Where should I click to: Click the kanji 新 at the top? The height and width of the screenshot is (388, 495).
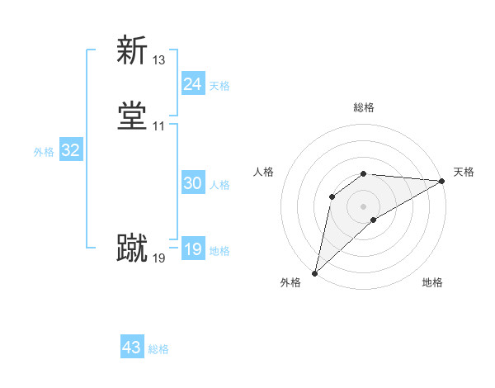coord(133,50)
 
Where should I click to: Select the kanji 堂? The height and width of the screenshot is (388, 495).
coord(133,116)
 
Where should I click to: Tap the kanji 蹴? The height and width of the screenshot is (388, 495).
coord(133,248)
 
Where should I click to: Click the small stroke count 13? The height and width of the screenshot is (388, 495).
coord(158,60)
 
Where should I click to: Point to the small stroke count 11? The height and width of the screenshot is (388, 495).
coord(158,126)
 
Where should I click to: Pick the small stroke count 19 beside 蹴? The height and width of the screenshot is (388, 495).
coord(158,258)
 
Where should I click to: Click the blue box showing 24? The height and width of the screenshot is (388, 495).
coord(192,84)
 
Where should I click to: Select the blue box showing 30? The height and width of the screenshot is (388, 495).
coord(192,183)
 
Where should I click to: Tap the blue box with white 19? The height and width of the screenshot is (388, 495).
coord(192,249)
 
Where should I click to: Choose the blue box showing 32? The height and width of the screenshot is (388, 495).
coord(70,150)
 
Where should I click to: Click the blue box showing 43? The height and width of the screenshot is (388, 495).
coord(132,348)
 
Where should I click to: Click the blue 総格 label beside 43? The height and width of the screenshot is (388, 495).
coord(158,349)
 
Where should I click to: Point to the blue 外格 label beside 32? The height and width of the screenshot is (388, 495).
coord(44,152)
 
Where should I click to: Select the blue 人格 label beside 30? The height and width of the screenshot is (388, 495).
coord(219,185)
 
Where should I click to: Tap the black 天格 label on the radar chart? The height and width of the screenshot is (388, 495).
coord(464,172)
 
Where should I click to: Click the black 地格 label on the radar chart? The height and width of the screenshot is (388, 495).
coord(432,283)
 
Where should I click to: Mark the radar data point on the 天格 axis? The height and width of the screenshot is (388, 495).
coord(443,180)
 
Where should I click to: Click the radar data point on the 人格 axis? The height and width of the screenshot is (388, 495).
coord(332,196)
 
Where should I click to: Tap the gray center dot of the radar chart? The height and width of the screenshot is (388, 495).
coord(364,206)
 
